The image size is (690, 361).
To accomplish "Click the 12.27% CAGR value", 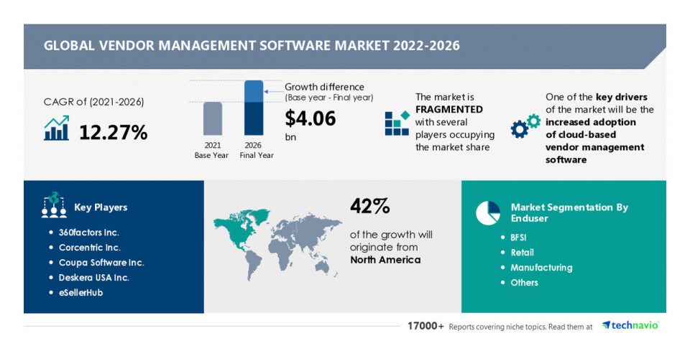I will click(113, 132).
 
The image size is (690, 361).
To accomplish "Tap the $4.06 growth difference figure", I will click(310, 118).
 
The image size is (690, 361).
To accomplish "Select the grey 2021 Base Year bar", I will click(212, 118).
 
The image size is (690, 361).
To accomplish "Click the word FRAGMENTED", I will click(449, 109).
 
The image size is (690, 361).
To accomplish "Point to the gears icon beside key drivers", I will click(525, 126).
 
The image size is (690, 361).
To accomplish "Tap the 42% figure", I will click(369, 207).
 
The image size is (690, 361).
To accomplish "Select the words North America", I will click(385, 260).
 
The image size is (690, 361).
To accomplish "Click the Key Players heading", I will click(101, 207).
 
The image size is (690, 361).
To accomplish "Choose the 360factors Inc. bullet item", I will click(89, 233).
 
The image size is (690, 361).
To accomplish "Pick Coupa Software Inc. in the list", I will click(96, 262).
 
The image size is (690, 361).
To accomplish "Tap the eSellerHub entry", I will click(80, 292).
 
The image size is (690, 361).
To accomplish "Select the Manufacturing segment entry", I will click(541, 267).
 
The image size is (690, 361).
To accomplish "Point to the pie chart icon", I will click(488, 212).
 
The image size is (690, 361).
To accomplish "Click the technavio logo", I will click(630, 325).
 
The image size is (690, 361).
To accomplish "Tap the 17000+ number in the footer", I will click(424, 326).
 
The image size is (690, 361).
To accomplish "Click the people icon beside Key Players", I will click(54, 205).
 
